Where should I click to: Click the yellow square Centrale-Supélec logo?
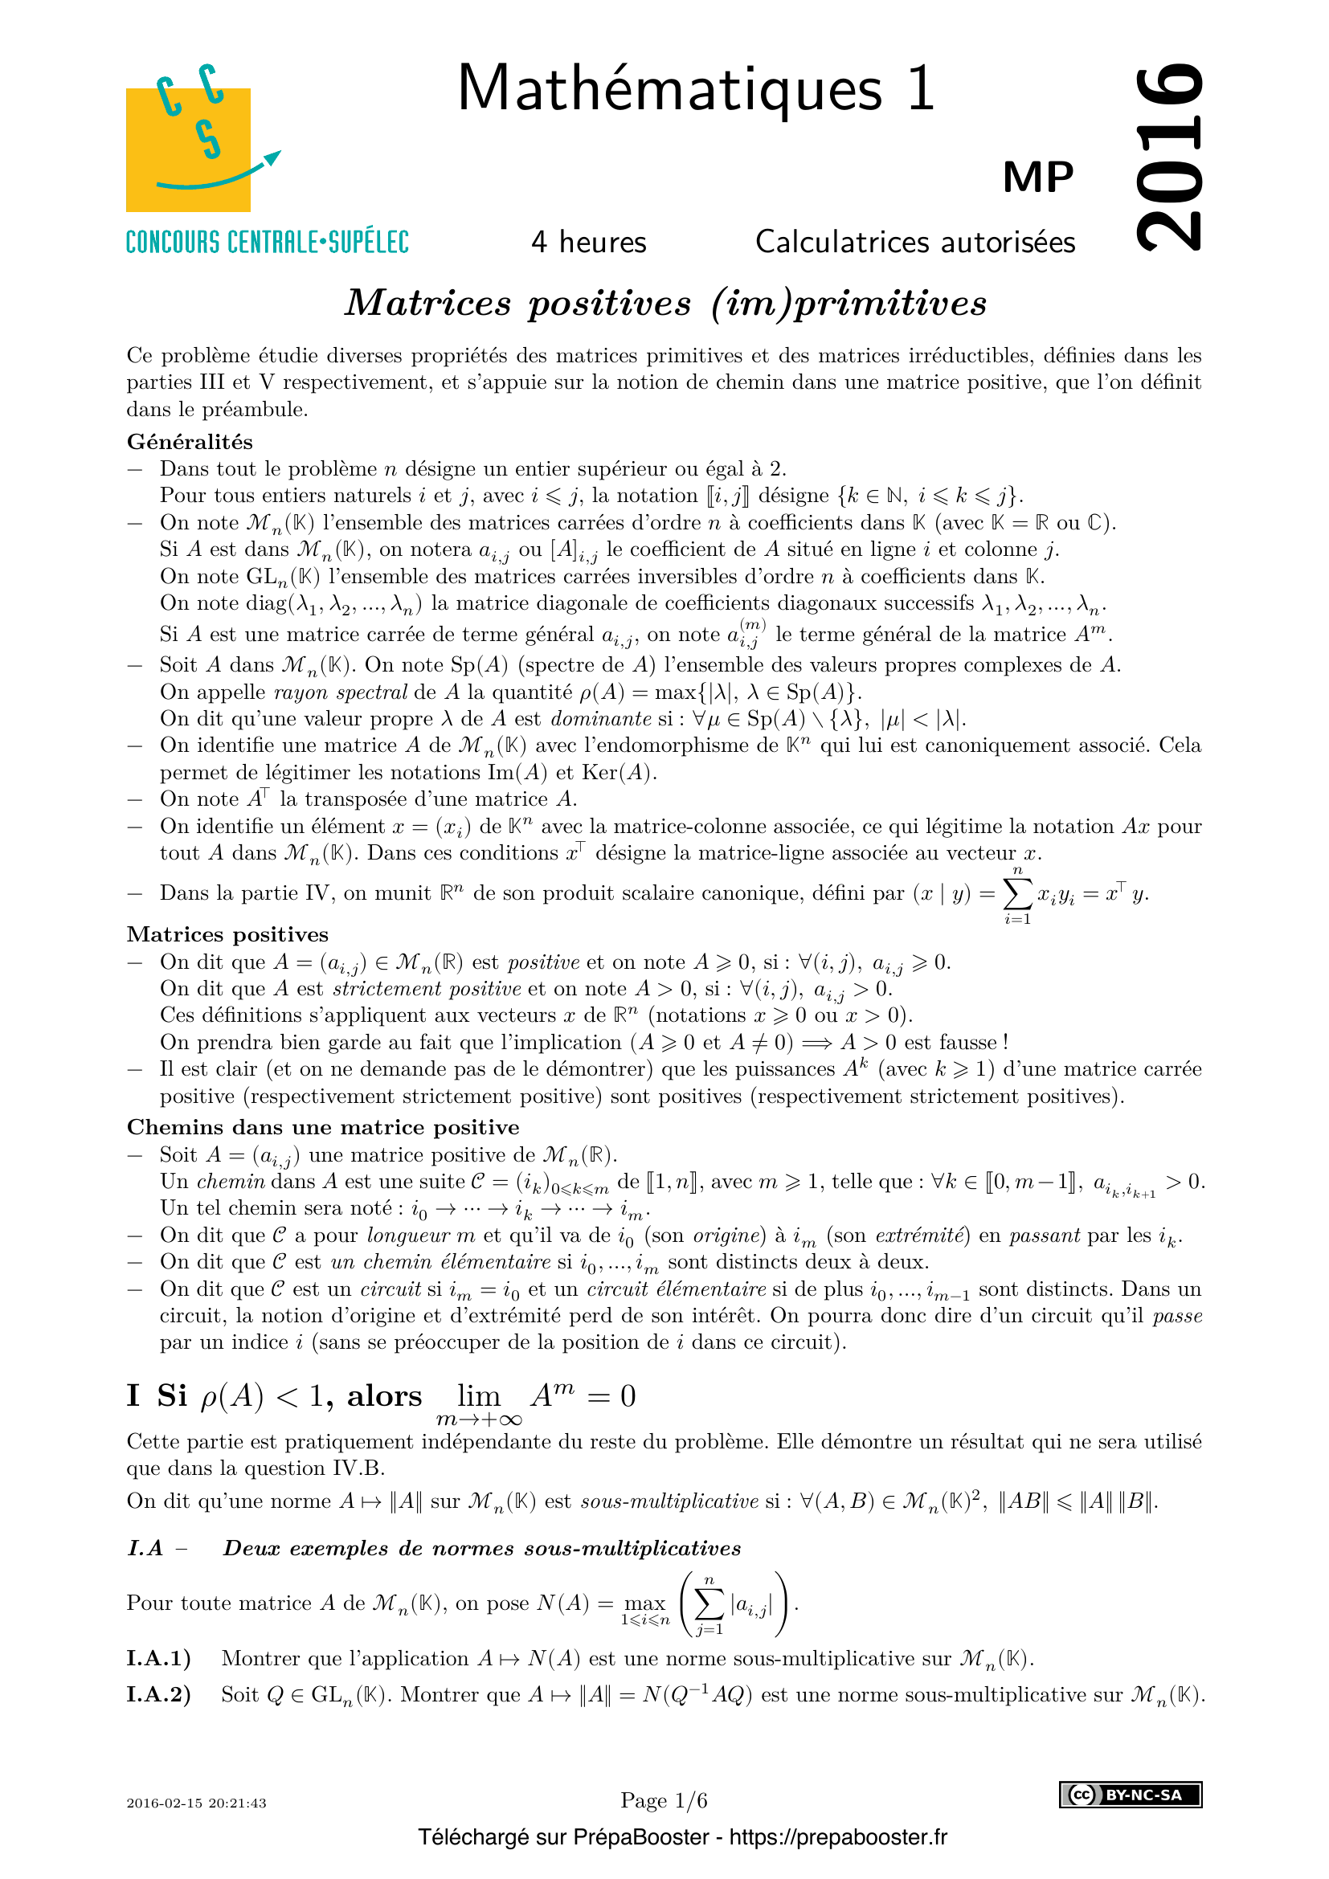tap(188, 149)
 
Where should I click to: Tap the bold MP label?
tap(1037, 177)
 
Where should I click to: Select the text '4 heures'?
tap(588, 243)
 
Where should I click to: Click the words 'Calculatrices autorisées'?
tap(915, 243)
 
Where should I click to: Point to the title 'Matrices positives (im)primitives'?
tap(665, 303)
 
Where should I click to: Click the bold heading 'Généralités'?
tap(190, 442)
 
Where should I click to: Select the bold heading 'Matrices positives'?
tap(227, 934)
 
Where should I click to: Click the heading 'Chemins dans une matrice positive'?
tap(322, 1127)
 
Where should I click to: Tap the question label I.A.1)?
tap(159, 1658)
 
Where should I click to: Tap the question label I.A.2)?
tap(159, 1694)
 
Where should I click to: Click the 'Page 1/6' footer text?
tap(664, 1800)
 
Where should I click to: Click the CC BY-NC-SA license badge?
tap(1131, 1795)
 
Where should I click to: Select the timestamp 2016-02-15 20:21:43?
tap(196, 1803)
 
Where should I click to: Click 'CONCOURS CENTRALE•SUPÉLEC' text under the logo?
tap(267, 243)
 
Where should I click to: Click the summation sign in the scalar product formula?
tap(1017, 893)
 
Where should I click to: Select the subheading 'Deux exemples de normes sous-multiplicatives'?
tap(482, 1548)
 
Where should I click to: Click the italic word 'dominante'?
tap(601, 718)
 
